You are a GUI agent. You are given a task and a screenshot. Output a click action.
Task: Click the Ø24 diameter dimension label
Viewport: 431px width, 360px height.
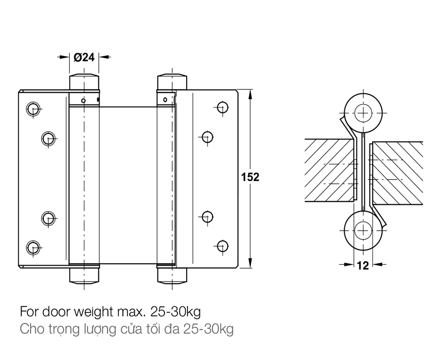84,57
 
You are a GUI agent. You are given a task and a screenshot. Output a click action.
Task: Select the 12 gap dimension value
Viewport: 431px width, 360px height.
363,265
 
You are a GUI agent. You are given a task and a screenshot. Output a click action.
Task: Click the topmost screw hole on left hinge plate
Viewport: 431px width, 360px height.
33,108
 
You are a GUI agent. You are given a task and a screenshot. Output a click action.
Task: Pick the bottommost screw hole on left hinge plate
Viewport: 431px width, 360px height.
33,247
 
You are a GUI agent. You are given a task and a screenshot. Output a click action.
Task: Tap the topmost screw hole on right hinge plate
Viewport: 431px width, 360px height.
221,107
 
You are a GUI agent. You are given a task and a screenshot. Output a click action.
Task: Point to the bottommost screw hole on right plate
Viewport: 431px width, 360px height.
221,246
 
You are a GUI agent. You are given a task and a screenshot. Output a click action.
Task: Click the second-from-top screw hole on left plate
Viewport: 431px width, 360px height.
47,139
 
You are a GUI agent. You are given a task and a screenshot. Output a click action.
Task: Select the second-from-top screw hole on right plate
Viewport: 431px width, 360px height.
207,137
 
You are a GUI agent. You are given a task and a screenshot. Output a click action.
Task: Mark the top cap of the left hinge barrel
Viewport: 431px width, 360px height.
84,81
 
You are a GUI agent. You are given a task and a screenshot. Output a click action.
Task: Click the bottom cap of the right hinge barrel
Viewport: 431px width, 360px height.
172,275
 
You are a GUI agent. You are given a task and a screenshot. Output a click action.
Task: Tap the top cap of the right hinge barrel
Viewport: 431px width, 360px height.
172,81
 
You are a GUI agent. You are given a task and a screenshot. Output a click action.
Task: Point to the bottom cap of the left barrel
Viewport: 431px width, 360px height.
84,275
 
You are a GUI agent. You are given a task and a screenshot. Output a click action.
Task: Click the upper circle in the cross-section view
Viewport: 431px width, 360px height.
364,113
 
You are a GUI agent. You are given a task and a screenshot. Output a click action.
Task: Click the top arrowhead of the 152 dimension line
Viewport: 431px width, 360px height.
250,93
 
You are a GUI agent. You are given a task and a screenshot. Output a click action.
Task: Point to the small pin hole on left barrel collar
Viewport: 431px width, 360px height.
83,101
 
